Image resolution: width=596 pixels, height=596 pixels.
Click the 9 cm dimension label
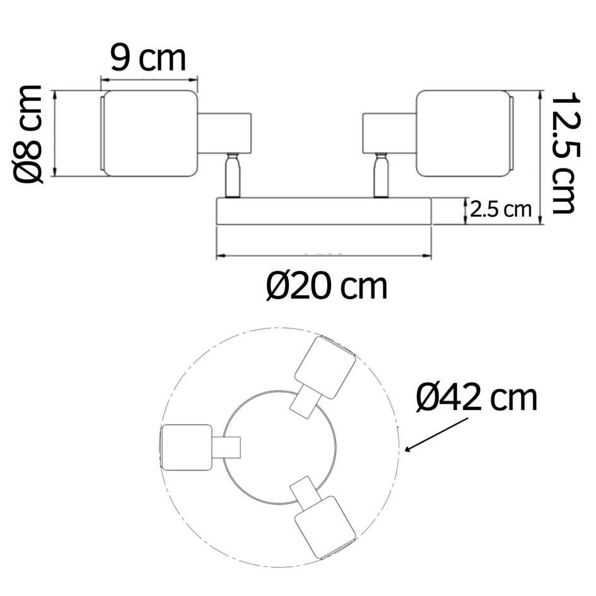(148, 59)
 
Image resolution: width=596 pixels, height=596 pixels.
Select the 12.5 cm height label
(563, 153)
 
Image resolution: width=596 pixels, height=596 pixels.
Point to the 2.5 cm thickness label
(501, 209)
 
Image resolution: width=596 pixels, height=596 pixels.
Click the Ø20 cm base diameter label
(326, 287)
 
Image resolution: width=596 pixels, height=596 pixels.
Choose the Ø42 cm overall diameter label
(477, 398)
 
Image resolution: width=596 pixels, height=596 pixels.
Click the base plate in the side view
(324, 211)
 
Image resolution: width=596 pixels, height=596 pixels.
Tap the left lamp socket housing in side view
(225, 133)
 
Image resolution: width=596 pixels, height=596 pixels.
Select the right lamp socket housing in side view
(389, 133)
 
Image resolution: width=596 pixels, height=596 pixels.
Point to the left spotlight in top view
(187, 447)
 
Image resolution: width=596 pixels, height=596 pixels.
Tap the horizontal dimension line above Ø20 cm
(324, 257)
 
